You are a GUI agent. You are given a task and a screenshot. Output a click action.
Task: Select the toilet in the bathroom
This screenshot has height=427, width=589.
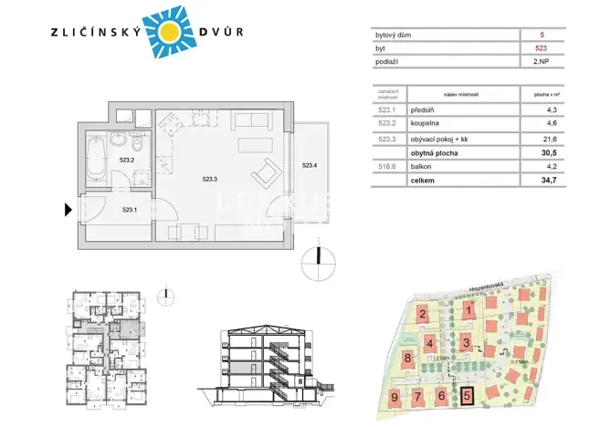point(138,146)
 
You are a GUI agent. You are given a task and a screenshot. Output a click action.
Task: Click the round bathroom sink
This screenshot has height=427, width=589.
point(117,142)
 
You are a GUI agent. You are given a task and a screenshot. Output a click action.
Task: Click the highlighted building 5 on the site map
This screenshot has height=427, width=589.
point(468,396)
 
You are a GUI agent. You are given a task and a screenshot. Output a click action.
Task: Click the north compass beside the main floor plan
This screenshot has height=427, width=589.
point(317,258)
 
